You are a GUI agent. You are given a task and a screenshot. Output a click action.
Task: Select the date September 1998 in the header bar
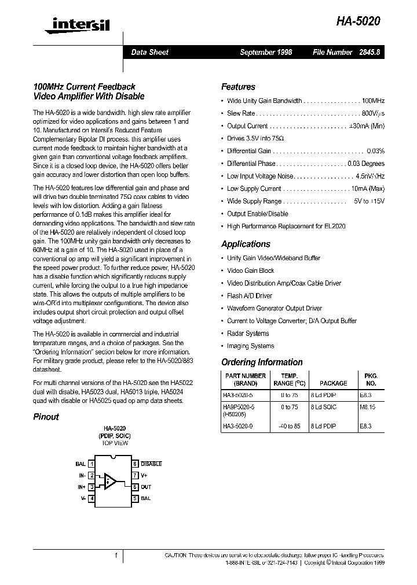[266, 52]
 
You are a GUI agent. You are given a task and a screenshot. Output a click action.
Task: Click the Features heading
[238, 87]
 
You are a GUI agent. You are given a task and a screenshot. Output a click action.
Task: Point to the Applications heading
[246, 244]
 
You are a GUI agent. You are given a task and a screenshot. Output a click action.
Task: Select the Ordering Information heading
[262, 362]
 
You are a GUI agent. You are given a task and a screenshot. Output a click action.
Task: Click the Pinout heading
[46, 416]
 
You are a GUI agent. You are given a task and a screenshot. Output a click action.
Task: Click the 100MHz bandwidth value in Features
[373, 101]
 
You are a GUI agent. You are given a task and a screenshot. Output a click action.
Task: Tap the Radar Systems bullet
[248, 334]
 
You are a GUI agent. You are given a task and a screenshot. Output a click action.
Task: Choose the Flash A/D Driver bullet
[249, 296]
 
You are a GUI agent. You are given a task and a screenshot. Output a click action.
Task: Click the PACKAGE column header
[334, 383]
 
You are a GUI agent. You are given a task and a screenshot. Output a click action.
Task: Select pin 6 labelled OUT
[145, 487]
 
